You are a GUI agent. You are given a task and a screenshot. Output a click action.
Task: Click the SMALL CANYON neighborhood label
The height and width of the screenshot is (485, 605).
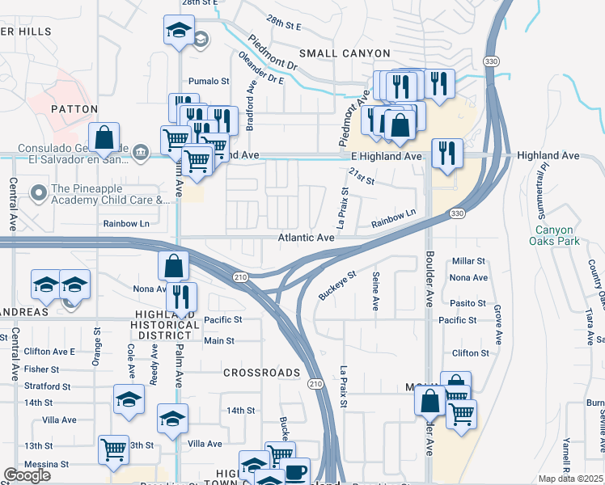point(344,53)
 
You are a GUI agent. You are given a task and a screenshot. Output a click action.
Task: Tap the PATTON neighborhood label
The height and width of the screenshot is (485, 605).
point(74,108)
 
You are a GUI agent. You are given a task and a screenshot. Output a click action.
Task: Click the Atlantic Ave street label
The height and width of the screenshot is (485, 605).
point(307,238)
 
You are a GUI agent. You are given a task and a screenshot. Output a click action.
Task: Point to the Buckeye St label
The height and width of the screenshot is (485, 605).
point(336,285)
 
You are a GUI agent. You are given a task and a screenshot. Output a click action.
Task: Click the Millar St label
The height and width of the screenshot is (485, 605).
point(468,261)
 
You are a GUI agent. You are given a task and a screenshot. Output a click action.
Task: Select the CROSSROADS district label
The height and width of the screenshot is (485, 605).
point(261,373)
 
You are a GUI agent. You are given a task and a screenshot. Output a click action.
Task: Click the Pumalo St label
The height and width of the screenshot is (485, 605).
point(209,82)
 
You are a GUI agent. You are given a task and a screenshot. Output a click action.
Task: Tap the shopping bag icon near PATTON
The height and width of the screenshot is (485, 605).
point(105,138)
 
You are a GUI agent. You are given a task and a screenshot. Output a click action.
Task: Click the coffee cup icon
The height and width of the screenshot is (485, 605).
point(294,472)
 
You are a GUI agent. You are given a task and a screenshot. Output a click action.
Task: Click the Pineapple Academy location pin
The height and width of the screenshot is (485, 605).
point(37,192)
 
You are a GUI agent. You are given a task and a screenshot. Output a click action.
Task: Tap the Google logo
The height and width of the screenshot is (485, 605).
point(27,475)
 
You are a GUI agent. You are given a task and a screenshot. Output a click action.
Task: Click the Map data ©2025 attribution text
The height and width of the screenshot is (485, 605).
point(569,479)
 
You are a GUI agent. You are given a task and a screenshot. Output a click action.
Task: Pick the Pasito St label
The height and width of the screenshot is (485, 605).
point(469,303)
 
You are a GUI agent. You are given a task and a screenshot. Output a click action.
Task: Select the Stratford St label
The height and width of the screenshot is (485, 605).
point(50,386)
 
